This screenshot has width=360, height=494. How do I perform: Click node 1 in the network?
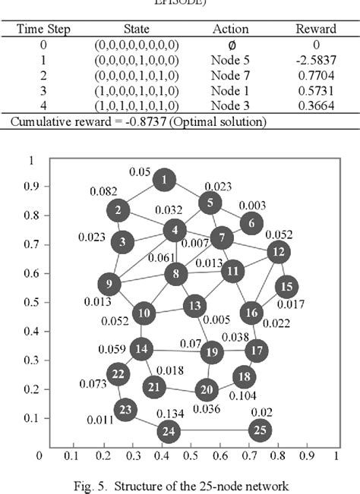click(x=164, y=180)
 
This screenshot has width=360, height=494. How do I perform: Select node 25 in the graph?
click(x=261, y=430)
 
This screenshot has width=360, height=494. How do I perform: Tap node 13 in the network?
click(x=195, y=306)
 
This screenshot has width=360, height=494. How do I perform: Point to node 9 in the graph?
click(x=109, y=285)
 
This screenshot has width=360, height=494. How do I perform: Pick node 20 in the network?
click(x=206, y=390)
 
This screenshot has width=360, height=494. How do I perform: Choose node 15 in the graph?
click(x=286, y=287)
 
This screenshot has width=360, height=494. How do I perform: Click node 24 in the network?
click(x=169, y=433)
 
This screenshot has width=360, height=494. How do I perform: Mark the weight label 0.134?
click(x=171, y=413)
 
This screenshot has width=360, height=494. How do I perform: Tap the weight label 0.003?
click(x=252, y=206)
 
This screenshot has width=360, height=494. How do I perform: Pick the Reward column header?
click(x=315, y=28)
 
